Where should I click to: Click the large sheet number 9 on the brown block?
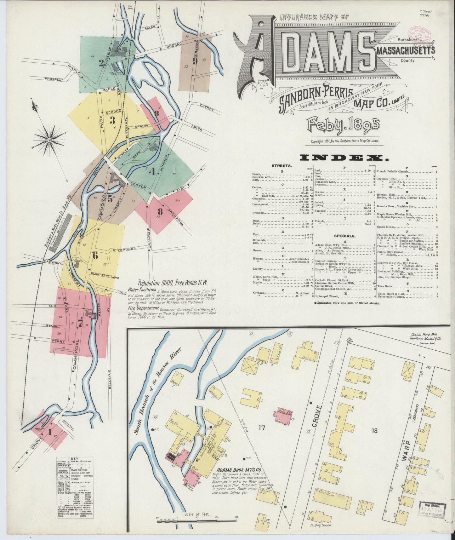(195, 61)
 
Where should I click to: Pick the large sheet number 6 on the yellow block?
(95, 256)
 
